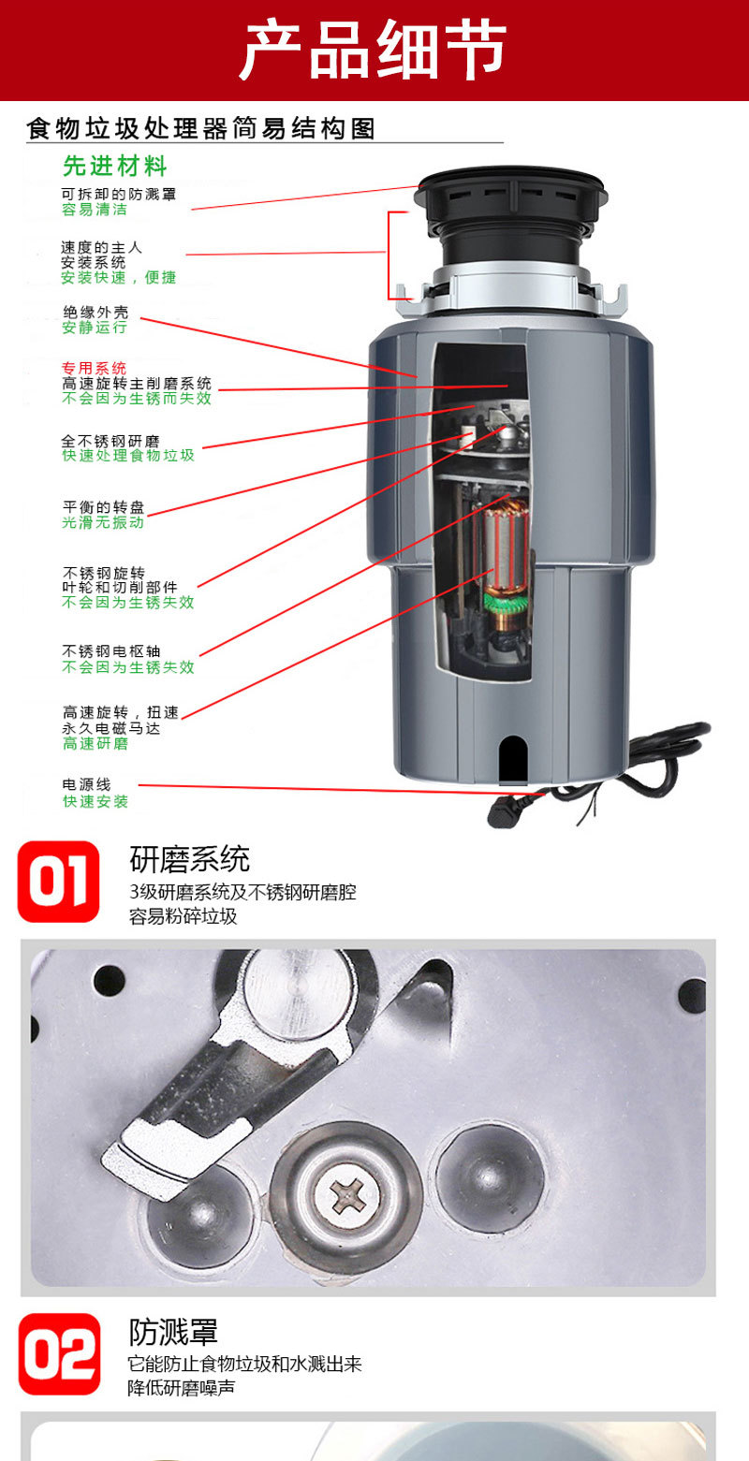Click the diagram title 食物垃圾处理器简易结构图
(201, 128)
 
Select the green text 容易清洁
(94, 210)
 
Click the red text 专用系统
(94, 368)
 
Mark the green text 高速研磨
(95, 743)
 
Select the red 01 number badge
(58, 881)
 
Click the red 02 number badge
(59, 1353)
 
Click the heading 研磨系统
(189, 858)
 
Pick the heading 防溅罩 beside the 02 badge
(173, 1332)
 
